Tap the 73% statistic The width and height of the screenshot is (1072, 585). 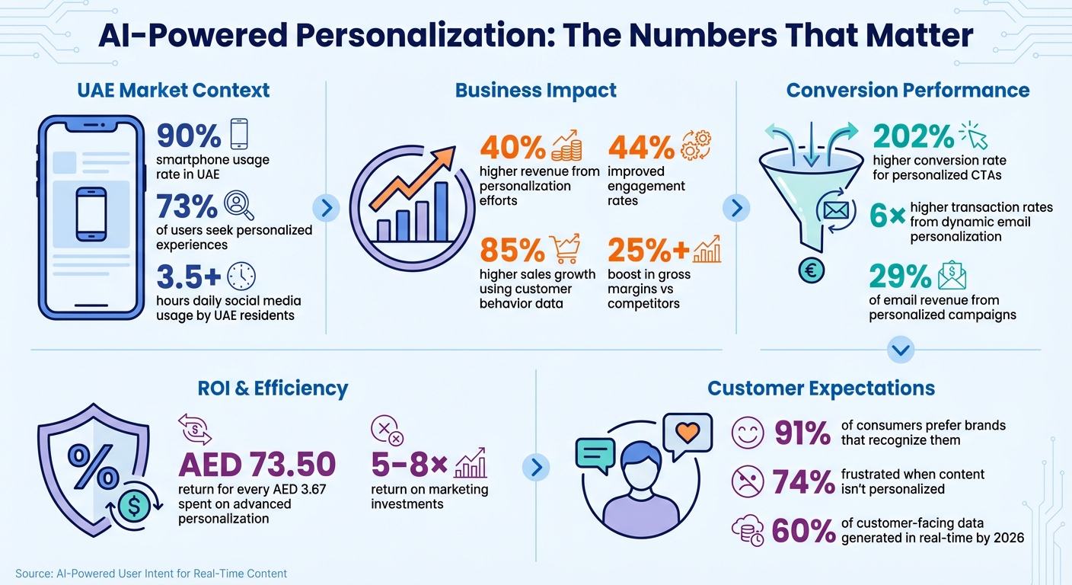[188, 206]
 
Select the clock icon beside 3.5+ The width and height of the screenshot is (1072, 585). [241, 276]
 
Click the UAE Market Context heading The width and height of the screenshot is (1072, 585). [174, 90]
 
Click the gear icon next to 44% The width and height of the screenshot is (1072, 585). [695, 145]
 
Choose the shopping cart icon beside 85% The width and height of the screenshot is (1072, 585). [565, 248]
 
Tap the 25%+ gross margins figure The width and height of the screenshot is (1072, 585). [647, 250]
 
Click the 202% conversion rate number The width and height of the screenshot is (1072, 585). [913, 136]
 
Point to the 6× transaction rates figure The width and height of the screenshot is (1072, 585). [886, 217]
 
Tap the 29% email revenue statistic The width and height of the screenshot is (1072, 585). [900, 276]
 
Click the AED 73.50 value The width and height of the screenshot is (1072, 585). [257, 463]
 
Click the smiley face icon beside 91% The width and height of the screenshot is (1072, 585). [747, 433]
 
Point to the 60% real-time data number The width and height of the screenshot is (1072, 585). [803, 531]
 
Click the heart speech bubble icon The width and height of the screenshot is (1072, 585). [687, 432]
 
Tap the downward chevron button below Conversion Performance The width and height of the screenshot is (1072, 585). [901, 350]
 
